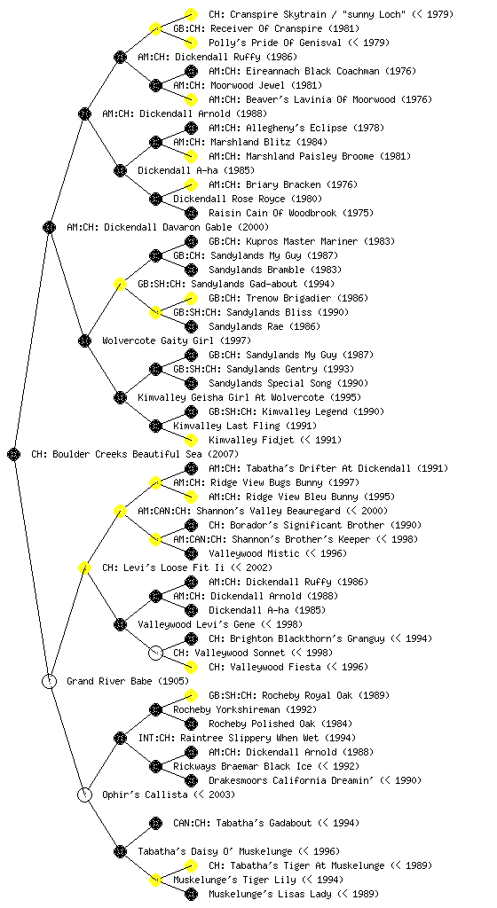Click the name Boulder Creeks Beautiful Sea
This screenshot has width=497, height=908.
coord(127,454)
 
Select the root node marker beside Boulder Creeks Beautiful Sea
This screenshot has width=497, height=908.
coord(14,454)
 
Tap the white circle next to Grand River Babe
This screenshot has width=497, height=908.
coord(49,681)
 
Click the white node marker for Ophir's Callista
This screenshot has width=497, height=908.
coord(84,794)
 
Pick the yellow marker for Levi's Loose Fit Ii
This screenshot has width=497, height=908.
coord(84,567)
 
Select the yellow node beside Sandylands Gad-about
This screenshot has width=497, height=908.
coord(120,284)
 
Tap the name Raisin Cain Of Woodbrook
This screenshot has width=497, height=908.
coord(272,213)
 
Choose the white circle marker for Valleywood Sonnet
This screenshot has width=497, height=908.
coord(155,653)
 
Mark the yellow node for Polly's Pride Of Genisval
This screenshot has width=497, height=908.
coord(191,43)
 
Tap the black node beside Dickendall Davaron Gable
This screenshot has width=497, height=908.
coord(49,227)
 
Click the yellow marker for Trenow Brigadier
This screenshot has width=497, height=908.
coord(191,298)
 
